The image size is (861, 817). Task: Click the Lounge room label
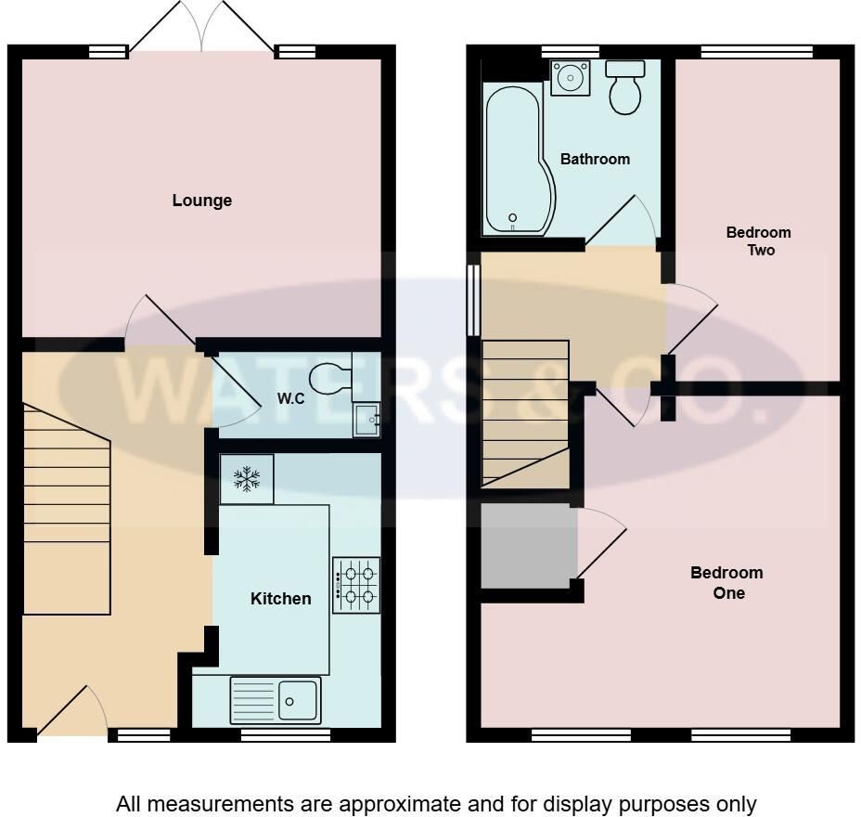202,201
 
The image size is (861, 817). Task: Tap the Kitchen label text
280,598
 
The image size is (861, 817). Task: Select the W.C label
290,398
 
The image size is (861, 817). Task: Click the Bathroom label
595,160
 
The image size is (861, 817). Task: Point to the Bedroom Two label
759,241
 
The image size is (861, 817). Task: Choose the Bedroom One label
726,582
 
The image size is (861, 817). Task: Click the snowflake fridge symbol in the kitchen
247,478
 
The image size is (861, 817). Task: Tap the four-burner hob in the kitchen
356,585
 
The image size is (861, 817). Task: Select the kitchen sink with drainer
276,701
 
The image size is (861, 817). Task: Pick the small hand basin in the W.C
366,420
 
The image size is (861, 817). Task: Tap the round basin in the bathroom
570,77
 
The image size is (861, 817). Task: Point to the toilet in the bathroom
625,87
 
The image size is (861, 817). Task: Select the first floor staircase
525,414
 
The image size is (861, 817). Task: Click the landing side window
473,300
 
